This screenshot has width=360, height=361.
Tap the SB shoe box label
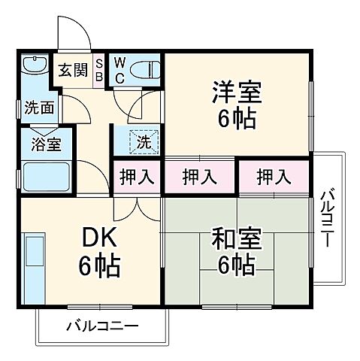tap(99, 70)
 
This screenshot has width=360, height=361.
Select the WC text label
tap(119, 70)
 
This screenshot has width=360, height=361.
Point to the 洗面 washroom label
tap(36, 108)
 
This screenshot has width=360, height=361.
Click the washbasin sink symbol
tap(34, 65)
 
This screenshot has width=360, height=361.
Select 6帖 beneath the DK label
tap(99, 266)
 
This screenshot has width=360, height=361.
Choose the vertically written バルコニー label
tap(328, 217)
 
